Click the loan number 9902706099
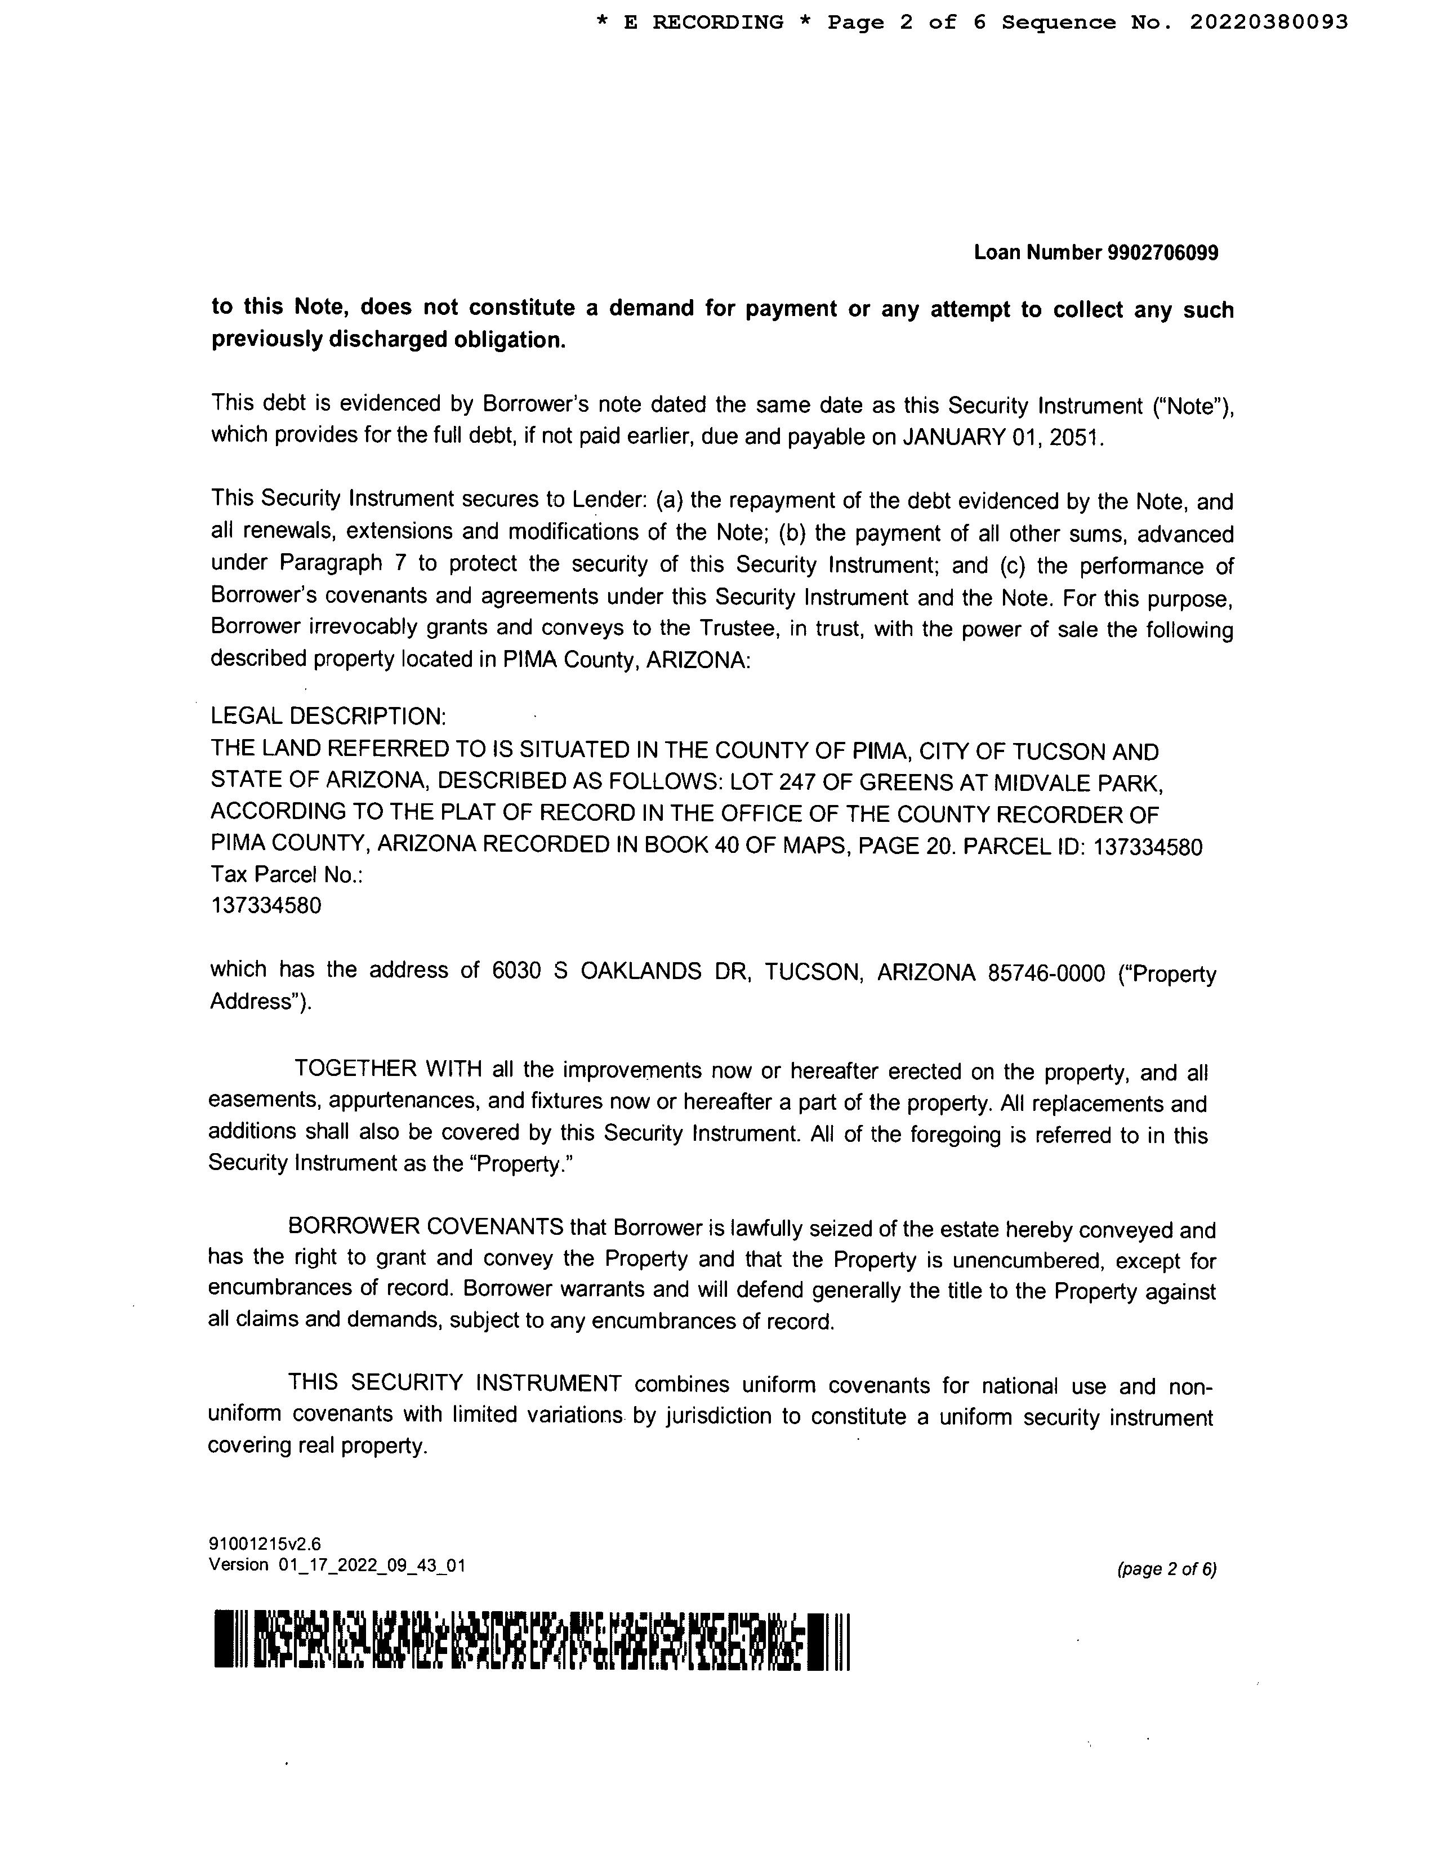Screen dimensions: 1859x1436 pyautogui.click(x=1163, y=253)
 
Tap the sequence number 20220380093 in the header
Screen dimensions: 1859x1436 pyautogui.click(x=1268, y=23)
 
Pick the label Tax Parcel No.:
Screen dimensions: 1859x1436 pyautogui.click(x=287, y=875)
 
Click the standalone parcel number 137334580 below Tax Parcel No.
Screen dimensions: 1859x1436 pyautogui.click(x=266, y=906)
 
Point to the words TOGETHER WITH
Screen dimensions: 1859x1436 pyautogui.click(x=388, y=1069)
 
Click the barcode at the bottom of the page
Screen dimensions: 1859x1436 pyautogui.click(x=532, y=1640)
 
